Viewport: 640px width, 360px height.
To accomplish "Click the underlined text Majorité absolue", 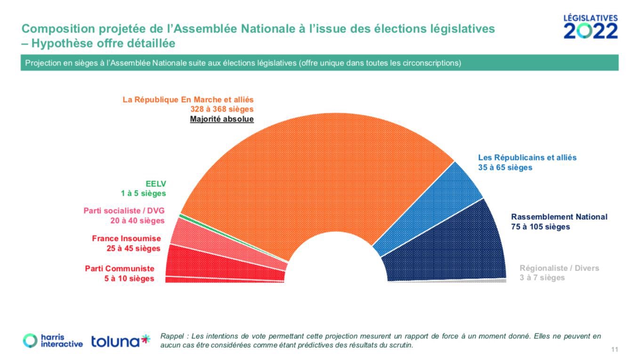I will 222,119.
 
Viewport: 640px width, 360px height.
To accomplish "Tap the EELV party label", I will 156,184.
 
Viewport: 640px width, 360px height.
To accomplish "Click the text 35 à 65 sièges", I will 505,167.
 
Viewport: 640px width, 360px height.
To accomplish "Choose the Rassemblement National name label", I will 559,217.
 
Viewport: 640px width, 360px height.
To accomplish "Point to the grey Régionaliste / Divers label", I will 559,268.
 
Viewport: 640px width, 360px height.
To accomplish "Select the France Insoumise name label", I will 126,239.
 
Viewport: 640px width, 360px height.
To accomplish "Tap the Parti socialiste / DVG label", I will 124,210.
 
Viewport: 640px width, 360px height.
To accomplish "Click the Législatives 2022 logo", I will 591,27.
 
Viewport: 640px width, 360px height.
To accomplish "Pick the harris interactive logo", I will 53,341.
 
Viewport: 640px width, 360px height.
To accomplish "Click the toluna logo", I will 121,341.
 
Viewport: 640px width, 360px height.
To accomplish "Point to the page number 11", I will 614,349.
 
